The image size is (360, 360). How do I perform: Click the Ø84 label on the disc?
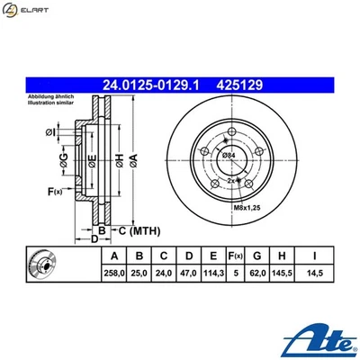229,157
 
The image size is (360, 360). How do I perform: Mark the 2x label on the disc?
230,181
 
